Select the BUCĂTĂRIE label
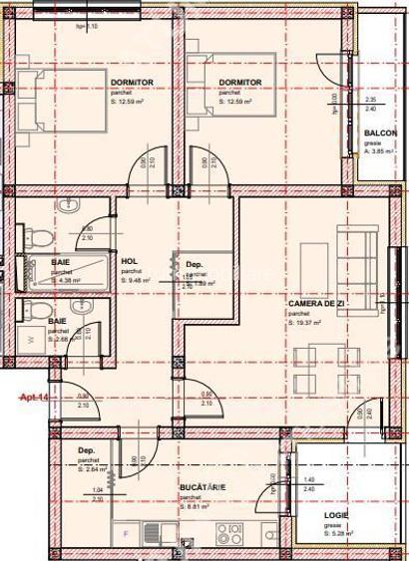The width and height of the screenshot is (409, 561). click(x=203, y=486)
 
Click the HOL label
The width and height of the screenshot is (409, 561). click(x=129, y=262)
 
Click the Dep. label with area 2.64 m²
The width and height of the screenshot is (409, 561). click(x=87, y=450)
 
